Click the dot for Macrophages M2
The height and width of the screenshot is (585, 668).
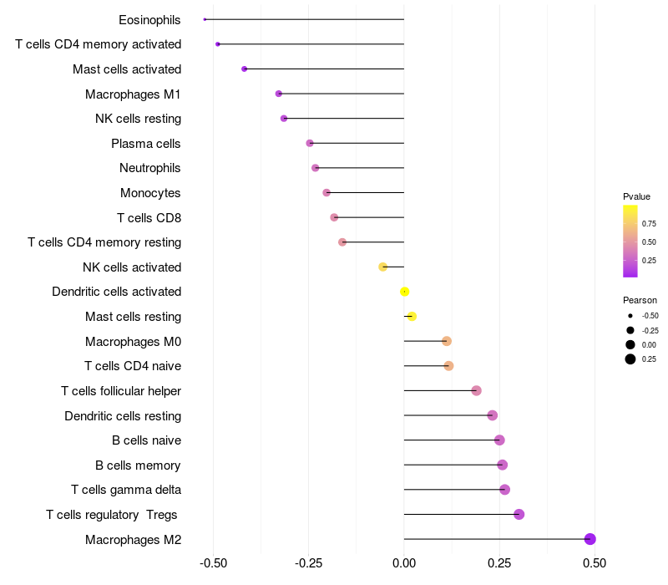tap(590, 539)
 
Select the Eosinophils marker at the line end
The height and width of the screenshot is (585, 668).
tap(205, 19)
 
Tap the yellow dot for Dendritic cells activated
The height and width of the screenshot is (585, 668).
tap(404, 292)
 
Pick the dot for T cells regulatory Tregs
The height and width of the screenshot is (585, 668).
tap(519, 514)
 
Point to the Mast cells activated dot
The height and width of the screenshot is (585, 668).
tap(244, 69)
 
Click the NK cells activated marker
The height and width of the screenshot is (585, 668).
tap(382, 267)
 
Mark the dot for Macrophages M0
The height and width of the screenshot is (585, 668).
tap(447, 341)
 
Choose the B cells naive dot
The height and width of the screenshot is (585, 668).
tap(499, 440)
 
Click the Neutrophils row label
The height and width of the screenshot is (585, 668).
tap(150, 168)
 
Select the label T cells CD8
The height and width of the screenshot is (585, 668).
tap(149, 218)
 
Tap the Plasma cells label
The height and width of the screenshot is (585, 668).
tap(146, 144)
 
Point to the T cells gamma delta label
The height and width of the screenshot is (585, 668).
tap(126, 490)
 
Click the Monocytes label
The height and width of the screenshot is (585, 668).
tap(150, 193)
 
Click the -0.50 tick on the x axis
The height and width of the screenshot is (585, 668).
tap(214, 563)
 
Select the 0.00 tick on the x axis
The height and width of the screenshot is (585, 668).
tap(404, 563)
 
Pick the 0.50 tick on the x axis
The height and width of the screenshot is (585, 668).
tap(595, 563)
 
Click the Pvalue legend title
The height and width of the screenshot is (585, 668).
tap(636, 196)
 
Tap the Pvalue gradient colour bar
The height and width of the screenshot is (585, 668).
tap(630, 241)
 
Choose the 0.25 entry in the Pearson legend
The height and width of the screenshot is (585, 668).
tap(630, 359)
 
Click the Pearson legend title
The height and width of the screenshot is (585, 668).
tap(640, 300)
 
